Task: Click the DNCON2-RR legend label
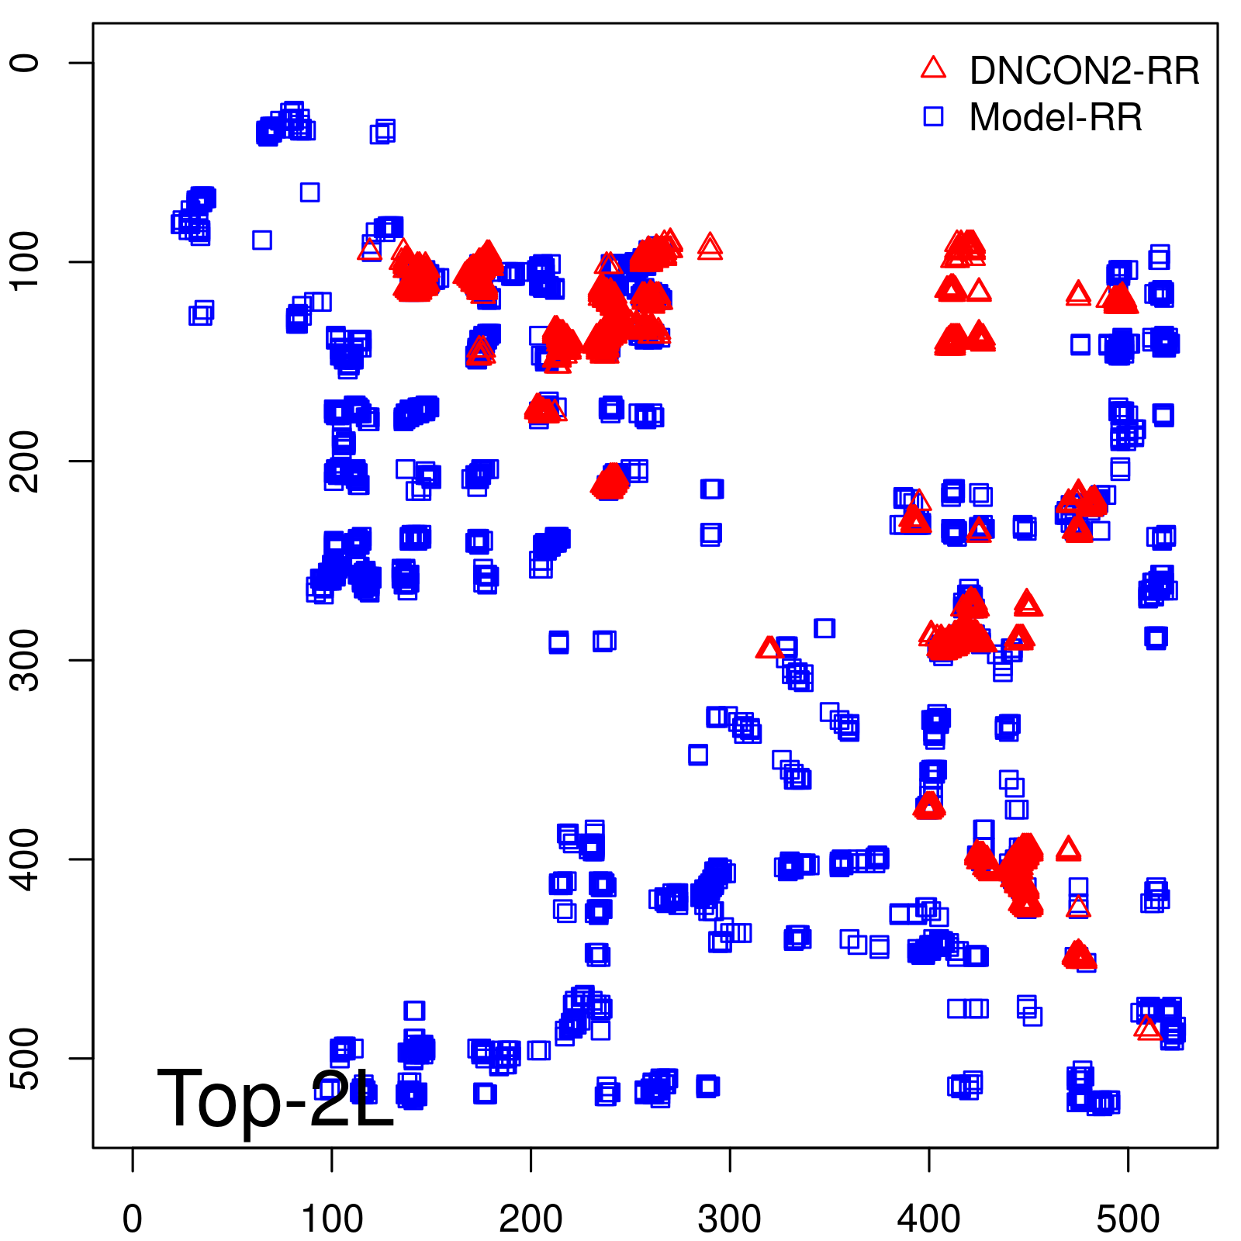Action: pos(1084,71)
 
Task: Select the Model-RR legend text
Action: pos(1056,118)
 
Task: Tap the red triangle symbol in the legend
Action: pos(933,68)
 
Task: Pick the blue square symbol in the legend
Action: pos(933,116)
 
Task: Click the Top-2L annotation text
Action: pos(275,1098)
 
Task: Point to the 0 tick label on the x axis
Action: pos(133,1219)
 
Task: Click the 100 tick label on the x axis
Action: pos(332,1219)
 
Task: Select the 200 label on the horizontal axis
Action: pos(531,1219)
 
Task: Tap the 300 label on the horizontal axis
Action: pos(730,1219)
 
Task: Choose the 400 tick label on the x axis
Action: pos(928,1219)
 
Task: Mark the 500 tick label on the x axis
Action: pos(1128,1219)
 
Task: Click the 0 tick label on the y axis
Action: pos(26,63)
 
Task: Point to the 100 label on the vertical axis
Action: pos(26,261)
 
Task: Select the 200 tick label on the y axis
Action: pos(26,461)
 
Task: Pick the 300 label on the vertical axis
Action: pos(26,660)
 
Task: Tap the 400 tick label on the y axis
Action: pos(26,859)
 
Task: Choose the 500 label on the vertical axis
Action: pos(26,1058)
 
